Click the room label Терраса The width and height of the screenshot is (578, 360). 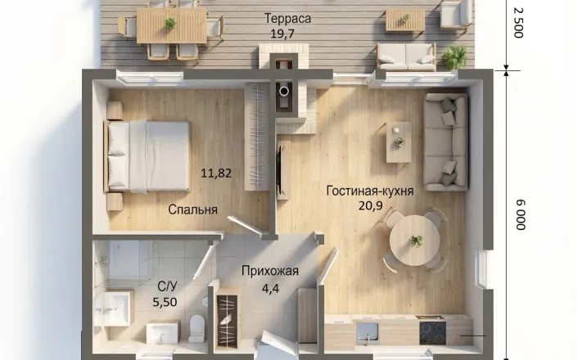[x=287, y=19]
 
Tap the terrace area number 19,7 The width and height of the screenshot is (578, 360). [x=282, y=34]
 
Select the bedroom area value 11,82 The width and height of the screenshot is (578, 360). [x=216, y=173]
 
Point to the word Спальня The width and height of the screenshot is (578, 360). [x=192, y=209]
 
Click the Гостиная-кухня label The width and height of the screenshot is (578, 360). [x=370, y=191]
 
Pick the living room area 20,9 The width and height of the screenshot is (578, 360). [x=371, y=205]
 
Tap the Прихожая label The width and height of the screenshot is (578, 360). [x=270, y=271]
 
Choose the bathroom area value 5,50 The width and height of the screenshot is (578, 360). [x=165, y=302]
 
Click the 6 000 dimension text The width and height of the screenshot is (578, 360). [x=521, y=215]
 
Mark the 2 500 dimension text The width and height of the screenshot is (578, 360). [x=518, y=23]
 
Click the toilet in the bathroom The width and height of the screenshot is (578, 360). [x=196, y=327]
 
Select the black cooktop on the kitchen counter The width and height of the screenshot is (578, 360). [x=432, y=332]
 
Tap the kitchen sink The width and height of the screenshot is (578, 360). [x=367, y=333]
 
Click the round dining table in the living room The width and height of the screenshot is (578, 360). [x=415, y=241]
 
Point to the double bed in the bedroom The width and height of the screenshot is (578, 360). [x=148, y=155]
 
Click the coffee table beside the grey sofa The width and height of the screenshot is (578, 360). [x=399, y=142]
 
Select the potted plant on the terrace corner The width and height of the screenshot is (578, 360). [x=454, y=57]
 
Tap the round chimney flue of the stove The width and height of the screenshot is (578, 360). [x=284, y=91]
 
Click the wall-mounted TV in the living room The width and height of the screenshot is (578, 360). [x=279, y=170]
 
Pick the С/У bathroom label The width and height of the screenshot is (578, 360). [x=167, y=286]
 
